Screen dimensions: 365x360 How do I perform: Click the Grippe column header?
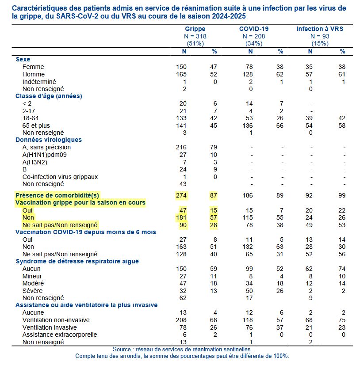pos(195,29)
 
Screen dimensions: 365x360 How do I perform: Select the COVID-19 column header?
pos(254,29)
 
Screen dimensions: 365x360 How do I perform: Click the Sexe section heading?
pos(23,59)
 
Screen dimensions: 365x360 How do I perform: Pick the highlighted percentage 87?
pos(214,195)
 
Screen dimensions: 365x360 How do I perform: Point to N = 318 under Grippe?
pos(195,36)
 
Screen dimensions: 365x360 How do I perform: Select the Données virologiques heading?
pos(49,140)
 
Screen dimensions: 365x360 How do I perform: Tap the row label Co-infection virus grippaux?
pos(60,177)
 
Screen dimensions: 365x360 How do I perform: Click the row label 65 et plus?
pos(36,125)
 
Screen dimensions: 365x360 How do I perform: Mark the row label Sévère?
pos(32,291)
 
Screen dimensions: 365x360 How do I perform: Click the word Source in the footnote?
pos(123,349)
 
